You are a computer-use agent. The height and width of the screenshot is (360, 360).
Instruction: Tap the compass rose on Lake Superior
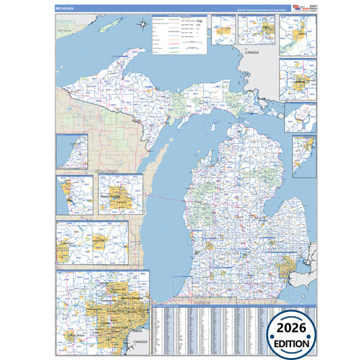(143, 26)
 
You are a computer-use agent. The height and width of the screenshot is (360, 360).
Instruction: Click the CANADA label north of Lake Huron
(252, 52)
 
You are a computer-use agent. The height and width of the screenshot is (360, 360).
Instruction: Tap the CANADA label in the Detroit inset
(140, 342)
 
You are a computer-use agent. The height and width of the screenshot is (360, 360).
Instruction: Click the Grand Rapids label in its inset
(111, 196)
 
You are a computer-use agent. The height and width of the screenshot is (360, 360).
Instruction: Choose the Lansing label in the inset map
(298, 82)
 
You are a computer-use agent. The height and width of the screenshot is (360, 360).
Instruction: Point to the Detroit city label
(137, 331)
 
